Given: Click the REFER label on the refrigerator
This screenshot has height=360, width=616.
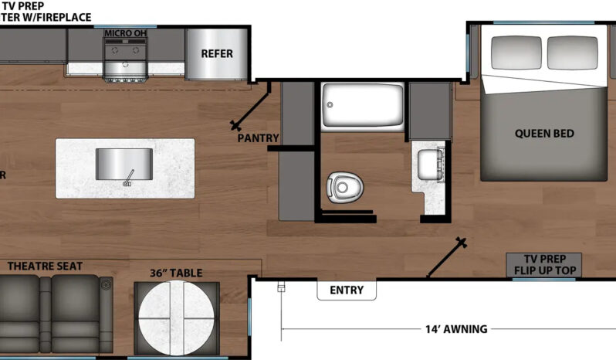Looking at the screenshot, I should click(217, 53).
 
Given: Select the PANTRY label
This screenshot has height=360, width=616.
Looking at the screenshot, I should click(258, 138).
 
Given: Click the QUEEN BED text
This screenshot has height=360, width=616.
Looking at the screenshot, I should click(544, 134).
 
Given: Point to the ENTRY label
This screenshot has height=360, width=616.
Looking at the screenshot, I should click(347, 290).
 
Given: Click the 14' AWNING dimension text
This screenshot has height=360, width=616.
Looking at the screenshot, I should click(455, 329).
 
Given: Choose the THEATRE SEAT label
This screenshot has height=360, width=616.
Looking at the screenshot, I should click(45, 267).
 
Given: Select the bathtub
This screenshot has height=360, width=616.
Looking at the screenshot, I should click(363, 107).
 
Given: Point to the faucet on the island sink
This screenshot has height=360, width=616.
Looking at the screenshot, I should click(128, 179).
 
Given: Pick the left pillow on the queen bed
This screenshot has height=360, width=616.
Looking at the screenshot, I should click(515, 51).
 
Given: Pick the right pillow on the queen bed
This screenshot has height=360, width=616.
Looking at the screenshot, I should click(572, 51).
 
